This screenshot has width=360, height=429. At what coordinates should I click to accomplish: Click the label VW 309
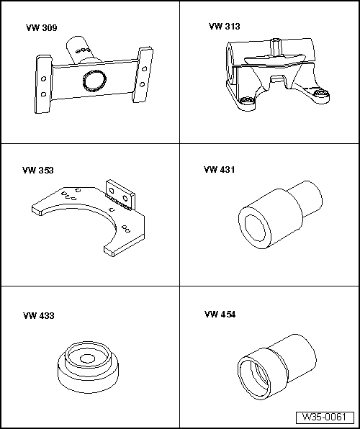[x=42, y=27]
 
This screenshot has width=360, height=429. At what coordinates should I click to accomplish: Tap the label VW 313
[x=224, y=26]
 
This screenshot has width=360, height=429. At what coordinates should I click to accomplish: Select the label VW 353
[x=37, y=170]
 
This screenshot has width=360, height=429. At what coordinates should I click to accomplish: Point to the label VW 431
[x=219, y=170]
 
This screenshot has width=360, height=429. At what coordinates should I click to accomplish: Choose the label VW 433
[x=39, y=316]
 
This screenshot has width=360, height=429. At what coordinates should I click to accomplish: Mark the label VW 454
[x=220, y=315]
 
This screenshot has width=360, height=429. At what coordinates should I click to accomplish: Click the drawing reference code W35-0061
[x=325, y=417]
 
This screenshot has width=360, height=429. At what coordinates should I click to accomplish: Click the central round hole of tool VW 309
[x=94, y=81]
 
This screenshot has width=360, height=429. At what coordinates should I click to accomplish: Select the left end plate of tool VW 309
[x=43, y=84]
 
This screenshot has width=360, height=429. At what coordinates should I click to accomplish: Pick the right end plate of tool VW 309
[x=143, y=75]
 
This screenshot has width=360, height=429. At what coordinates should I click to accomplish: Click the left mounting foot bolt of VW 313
[x=247, y=100]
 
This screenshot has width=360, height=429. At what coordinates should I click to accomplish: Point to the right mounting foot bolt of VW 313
[x=319, y=93]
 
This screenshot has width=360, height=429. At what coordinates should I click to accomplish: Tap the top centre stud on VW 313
[x=276, y=47]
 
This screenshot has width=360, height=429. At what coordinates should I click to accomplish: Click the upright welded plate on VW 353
[x=120, y=195]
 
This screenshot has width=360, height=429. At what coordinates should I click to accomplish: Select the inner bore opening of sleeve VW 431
[x=255, y=228]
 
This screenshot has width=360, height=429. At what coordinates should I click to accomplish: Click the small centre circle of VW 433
[x=87, y=358]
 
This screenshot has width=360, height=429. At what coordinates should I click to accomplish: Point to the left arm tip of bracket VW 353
[x=37, y=210]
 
